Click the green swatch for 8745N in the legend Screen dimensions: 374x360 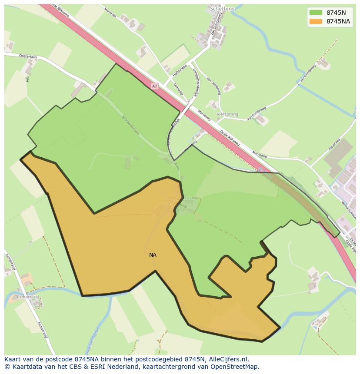pos(316,13)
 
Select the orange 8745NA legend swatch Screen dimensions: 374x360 pos(316,22)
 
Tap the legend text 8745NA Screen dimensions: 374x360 pos(338,22)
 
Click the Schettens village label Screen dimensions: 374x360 pos(222,9)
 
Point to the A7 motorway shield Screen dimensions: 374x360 pos(154,86)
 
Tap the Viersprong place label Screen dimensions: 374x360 pos(228,115)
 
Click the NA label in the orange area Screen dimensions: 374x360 pos(153,255)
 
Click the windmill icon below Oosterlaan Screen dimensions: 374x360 pos(27,79)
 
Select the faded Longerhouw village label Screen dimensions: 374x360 pos(181,198)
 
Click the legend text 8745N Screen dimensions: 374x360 pos(336,13)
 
